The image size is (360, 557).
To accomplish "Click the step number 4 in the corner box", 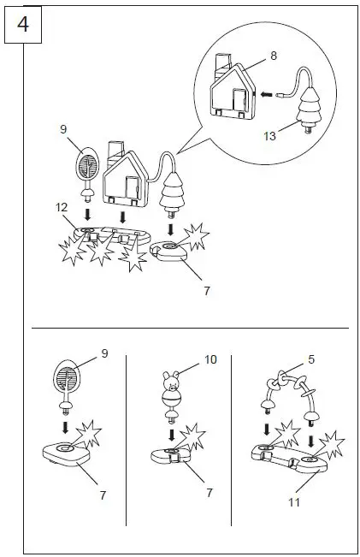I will (22, 24).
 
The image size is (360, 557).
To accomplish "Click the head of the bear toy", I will (171, 379).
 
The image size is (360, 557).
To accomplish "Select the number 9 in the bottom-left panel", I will (104, 352).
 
